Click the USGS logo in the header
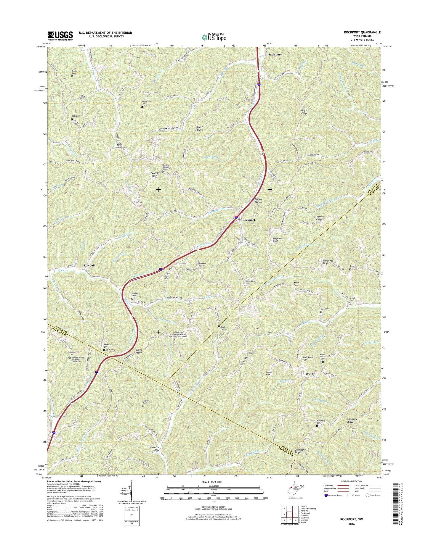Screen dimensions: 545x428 coord(60,36)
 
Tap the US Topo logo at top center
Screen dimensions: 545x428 coord(214,37)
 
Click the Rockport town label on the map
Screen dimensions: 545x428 coord(249,220)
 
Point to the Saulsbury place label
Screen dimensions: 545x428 coord(275,55)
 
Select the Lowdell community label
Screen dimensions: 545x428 coord(89,266)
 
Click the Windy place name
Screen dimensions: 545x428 coord(310,374)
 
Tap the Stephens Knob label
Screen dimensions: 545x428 coord(278,240)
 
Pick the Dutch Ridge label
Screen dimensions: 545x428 coord(200,129)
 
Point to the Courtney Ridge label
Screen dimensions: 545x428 coord(352,420)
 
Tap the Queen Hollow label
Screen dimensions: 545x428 coord(258,201)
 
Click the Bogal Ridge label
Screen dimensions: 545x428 coord(304,112)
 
